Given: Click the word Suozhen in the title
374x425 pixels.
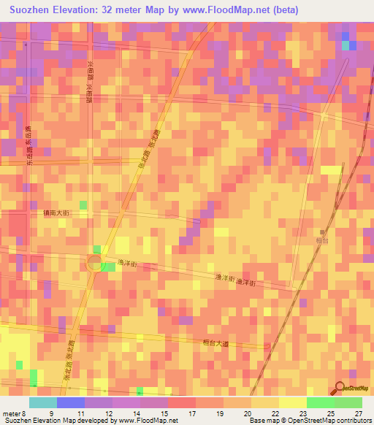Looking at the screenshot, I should pos(33,9).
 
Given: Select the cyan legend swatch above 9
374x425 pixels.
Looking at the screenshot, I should pos(43,402).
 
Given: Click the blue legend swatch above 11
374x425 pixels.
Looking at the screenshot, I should pos(71,402).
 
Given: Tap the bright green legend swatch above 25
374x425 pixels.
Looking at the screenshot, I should pos(321,402).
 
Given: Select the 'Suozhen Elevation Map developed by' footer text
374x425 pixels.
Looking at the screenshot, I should pos(58,421).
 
